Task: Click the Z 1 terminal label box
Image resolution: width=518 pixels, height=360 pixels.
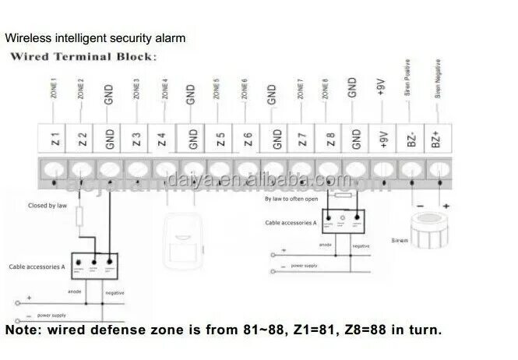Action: (55, 140)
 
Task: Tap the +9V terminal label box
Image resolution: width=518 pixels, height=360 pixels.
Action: (382, 140)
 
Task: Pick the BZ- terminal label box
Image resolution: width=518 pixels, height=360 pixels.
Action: (410, 140)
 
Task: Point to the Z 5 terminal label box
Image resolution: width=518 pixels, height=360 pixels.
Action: (220, 140)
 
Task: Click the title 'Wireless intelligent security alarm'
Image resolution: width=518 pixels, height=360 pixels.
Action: (96, 37)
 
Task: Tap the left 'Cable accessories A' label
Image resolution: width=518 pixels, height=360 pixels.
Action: (37, 266)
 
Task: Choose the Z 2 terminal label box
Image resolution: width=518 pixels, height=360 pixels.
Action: (82, 140)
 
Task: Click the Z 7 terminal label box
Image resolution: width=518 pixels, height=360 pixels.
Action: (301, 140)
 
